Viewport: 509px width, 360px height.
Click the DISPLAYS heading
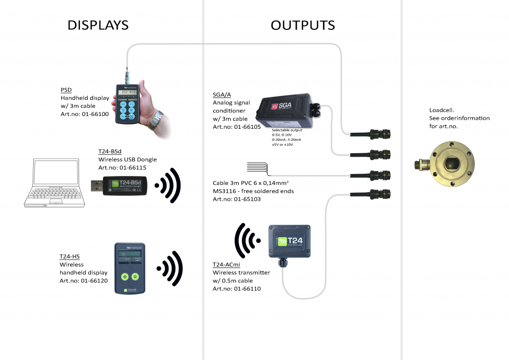pyautogui.click(x=98, y=25)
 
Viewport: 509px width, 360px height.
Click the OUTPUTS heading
pyautogui.click(x=302, y=25)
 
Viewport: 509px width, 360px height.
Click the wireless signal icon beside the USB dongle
pyautogui.click(x=168, y=185)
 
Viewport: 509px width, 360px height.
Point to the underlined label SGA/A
pyautogui.click(x=222, y=95)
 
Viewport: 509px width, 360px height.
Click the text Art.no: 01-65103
pyautogui.click(x=237, y=199)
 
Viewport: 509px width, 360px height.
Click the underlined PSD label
pyautogui.click(x=66, y=90)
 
